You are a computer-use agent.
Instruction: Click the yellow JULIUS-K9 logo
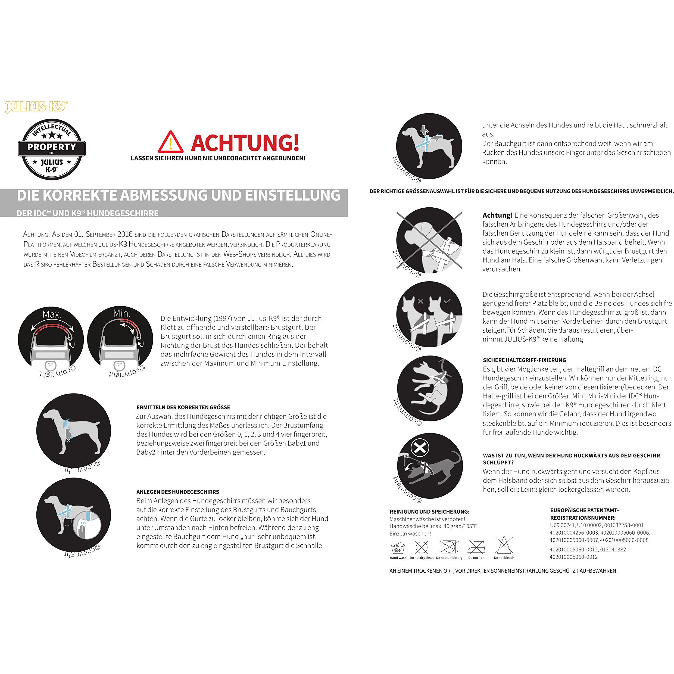(36, 107)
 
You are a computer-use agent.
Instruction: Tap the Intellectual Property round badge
(52, 149)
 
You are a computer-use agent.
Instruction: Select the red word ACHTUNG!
(245, 142)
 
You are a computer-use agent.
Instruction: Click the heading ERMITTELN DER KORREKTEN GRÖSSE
(183, 407)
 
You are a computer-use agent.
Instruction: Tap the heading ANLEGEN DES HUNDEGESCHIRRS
(177, 492)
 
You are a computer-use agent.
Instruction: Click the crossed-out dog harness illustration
(429, 241)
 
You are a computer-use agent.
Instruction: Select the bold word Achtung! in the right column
(497, 215)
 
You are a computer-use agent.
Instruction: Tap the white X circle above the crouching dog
(420, 447)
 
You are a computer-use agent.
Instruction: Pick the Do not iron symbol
(476, 547)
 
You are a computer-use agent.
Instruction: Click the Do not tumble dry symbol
(449, 547)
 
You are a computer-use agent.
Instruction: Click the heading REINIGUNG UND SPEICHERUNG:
(429, 512)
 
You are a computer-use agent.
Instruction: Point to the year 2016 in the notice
(125, 234)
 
